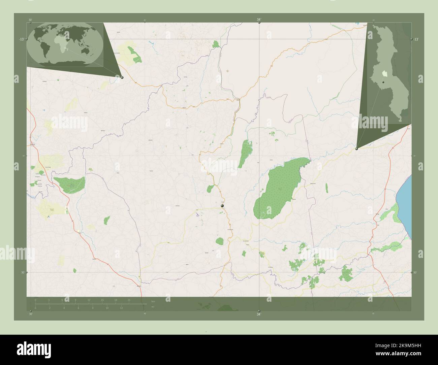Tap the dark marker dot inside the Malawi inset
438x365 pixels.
(x=384, y=82)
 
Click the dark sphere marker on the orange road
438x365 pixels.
(x=222, y=205)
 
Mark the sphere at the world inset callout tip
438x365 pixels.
(x=122, y=77)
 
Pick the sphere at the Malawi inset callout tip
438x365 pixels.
(x=356, y=148)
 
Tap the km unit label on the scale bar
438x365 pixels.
(x=153, y=301)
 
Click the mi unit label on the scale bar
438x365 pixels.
(x=153, y=307)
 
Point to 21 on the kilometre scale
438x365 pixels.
(x=129, y=300)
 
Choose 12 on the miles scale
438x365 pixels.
(x=121, y=308)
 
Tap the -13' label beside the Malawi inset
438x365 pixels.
(x=416, y=39)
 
